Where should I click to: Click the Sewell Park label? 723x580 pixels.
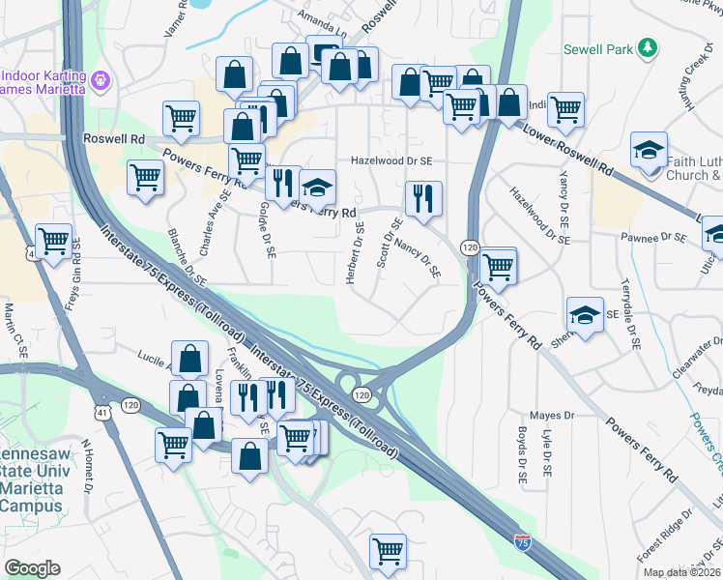coord(598,49)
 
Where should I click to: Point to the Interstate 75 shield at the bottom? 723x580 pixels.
coord(522,544)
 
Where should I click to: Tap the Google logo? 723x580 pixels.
coord(32,568)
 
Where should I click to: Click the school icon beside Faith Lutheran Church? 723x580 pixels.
coord(648,150)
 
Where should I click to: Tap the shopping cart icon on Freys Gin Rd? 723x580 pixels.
coord(53,241)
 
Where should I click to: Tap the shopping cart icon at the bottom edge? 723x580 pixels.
coord(388,552)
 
